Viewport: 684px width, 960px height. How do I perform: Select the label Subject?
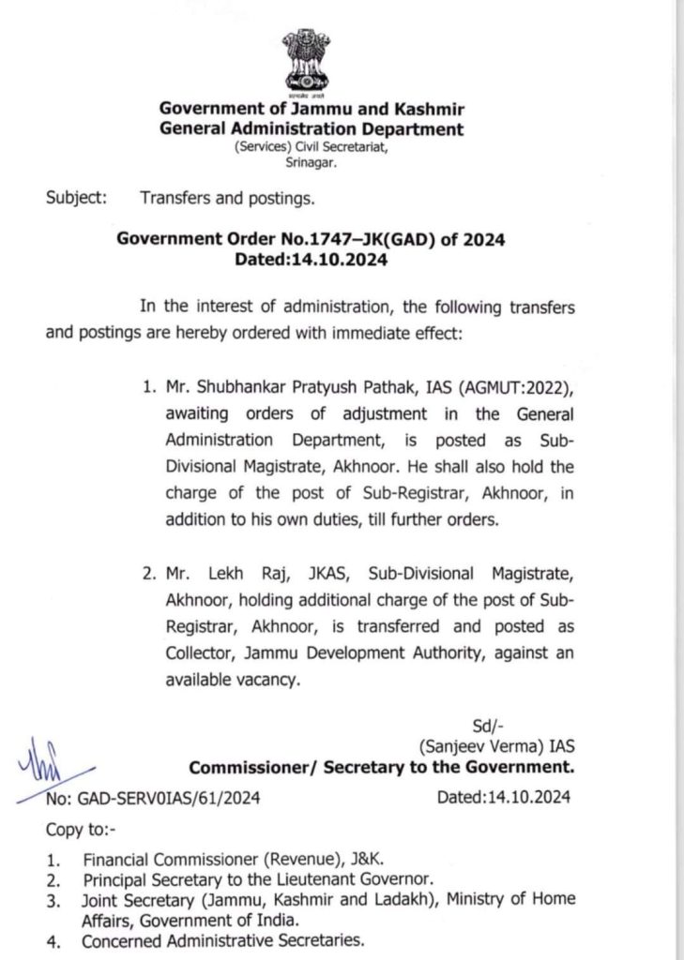(75, 199)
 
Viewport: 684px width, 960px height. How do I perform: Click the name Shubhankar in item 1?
(222, 389)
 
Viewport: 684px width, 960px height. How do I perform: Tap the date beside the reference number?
(503, 798)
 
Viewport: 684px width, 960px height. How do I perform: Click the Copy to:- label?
(79, 830)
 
